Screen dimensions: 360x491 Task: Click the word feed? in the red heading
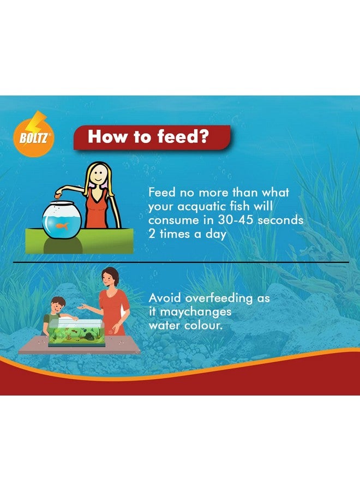click(x=183, y=136)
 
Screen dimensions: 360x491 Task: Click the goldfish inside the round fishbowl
click(x=62, y=226)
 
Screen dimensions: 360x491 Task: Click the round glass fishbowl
click(x=62, y=220)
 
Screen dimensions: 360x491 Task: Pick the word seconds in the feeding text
click(x=280, y=220)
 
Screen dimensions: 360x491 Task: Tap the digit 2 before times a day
click(x=152, y=233)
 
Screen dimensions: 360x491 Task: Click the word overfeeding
click(x=219, y=298)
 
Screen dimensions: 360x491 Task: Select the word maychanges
click(x=195, y=312)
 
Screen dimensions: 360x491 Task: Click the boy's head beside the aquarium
click(x=57, y=305)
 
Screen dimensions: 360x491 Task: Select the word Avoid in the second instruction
click(x=165, y=298)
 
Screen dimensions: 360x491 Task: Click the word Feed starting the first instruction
click(x=162, y=192)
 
